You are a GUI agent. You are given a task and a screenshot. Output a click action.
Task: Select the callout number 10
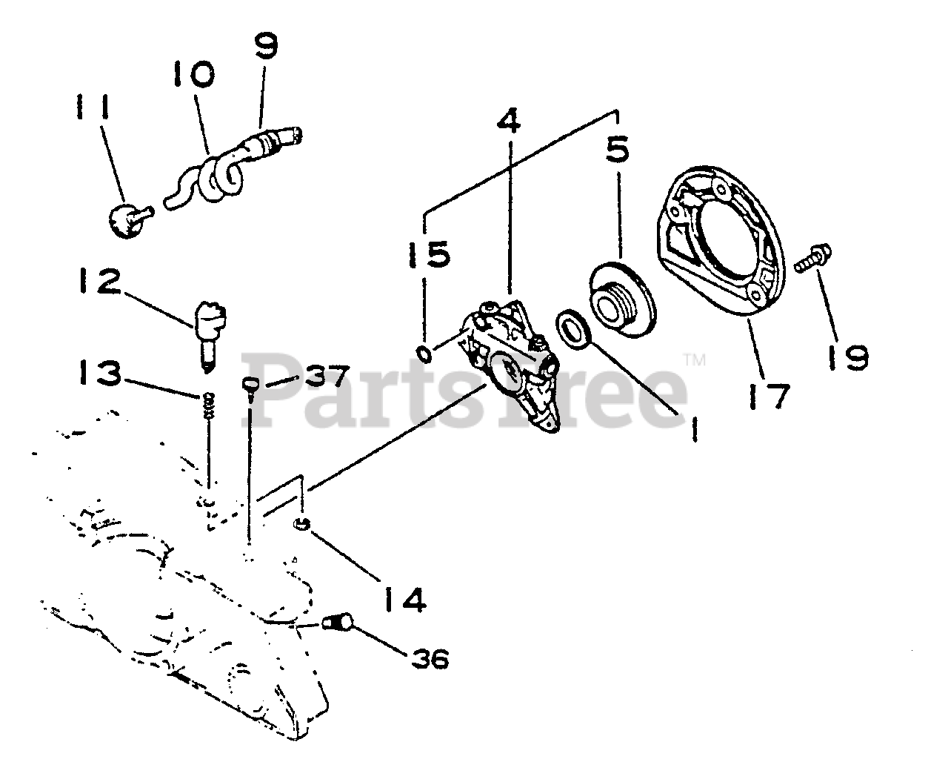tap(195, 76)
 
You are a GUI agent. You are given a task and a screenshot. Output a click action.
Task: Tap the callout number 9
tap(264, 47)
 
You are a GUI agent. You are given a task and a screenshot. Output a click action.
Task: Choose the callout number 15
tap(428, 254)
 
